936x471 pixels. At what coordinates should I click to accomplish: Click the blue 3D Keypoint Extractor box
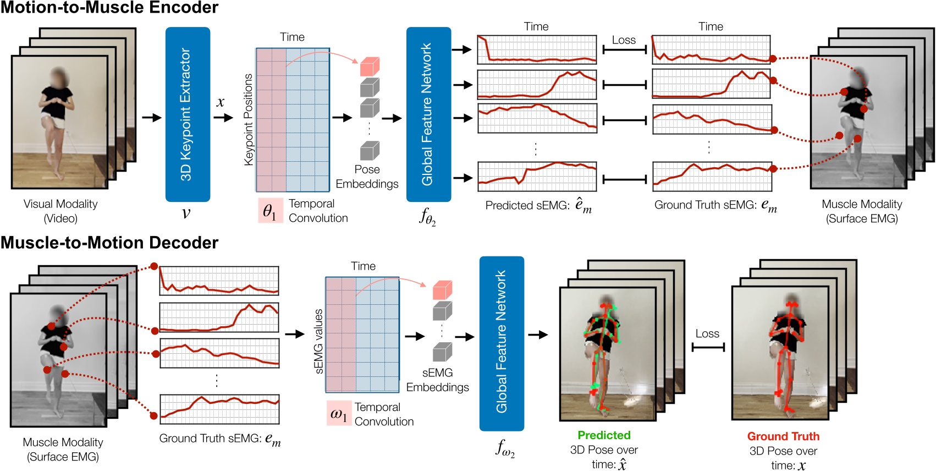[x=188, y=114]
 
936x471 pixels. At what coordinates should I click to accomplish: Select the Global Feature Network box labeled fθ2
[x=428, y=114]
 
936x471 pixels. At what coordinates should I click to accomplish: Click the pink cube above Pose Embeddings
[x=370, y=67]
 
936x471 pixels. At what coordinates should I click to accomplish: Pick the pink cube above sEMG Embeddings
[x=442, y=290]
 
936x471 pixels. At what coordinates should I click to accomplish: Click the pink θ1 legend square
[x=270, y=211]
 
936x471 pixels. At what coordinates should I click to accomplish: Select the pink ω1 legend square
[x=339, y=413]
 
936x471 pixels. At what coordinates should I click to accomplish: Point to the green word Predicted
[x=604, y=435]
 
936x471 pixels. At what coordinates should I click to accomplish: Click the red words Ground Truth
[x=783, y=436]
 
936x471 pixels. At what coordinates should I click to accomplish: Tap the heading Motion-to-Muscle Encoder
[x=109, y=8]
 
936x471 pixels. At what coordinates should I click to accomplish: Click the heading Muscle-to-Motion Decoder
[x=109, y=243]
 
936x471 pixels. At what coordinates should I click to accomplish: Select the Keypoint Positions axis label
[x=249, y=119]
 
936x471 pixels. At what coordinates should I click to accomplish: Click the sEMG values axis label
[x=318, y=341]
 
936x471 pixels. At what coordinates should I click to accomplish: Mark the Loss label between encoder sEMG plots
[x=624, y=40]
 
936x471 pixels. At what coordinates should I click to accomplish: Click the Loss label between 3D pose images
[x=707, y=333]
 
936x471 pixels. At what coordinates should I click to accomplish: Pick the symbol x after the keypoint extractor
[x=221, y=102]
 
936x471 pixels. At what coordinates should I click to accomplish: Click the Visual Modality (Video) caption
[x=60, y=211]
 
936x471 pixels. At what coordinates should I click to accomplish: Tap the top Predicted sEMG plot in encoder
[x=537, y=50]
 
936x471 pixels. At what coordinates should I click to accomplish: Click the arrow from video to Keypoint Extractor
[x=152, y=117]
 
